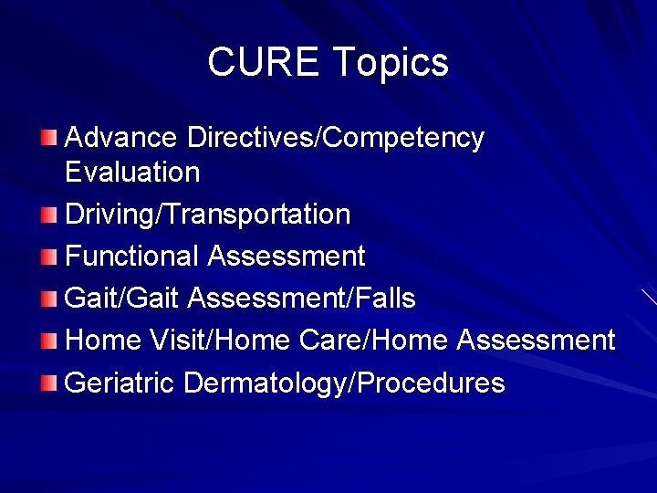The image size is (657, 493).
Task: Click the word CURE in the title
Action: tap(264, 62)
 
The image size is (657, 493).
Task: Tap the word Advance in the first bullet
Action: tap(121, 138)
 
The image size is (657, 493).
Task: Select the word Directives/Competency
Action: tap(335, 139)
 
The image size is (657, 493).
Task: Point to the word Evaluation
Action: tap(132, 172)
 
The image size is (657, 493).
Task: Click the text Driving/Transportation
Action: tap(208, 215)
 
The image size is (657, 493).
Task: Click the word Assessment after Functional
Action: tap(287, 257)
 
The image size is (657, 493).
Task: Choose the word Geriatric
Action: tap(120, 383)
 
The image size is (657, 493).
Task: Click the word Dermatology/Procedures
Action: tap(344, 383)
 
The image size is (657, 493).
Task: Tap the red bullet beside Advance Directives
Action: tap(49, 139)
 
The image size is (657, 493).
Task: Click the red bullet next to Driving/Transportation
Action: tap(49, 215)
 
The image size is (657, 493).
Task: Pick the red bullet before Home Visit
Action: tap(49, 341)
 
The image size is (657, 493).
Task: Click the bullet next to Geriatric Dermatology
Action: tap(49, 383)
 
